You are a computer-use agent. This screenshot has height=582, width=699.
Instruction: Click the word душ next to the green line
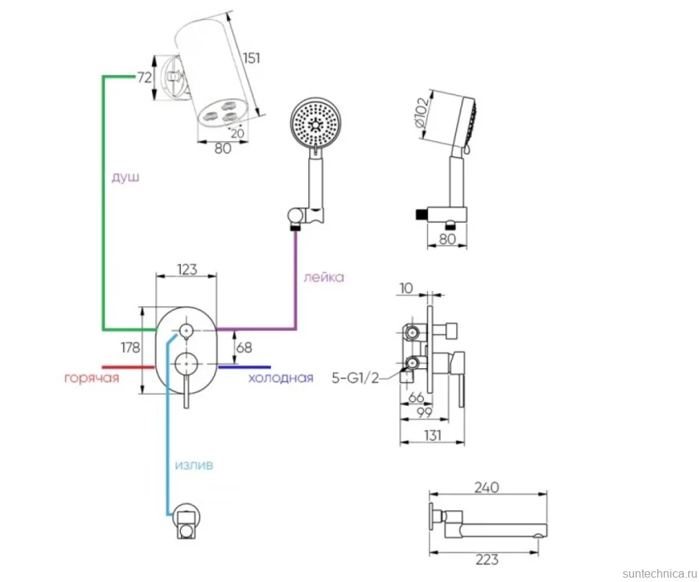click(125, 177)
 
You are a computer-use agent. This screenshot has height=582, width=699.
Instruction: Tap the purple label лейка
click(324, 277)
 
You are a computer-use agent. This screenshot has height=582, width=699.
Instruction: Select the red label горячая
click(92, 378)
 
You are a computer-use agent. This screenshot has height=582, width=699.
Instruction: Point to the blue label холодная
click(280, 378)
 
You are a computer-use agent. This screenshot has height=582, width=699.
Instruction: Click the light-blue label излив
click(194, 465)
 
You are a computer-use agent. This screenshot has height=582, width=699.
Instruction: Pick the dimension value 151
click(251, 58)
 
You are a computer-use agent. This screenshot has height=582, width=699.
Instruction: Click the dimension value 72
click(144, 78)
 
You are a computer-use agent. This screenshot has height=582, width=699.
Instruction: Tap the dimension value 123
click(187, 269)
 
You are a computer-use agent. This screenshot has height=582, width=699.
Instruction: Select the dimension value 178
click(130, 347)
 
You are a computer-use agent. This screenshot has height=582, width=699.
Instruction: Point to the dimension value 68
click(244, 347)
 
